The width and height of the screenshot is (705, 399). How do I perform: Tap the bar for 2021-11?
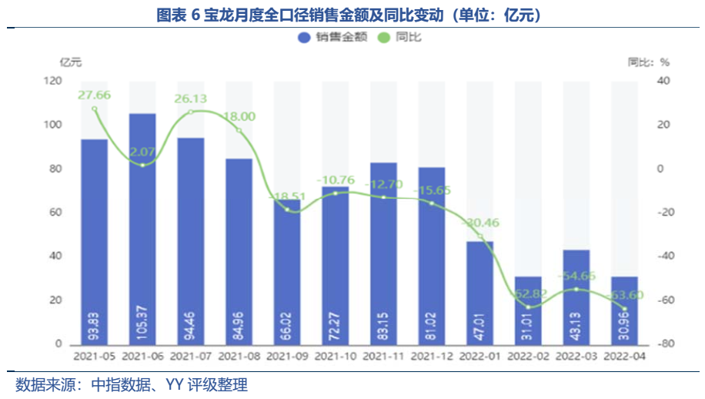383,253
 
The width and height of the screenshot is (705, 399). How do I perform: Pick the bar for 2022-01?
479,293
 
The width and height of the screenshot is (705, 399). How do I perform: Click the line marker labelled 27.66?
95,109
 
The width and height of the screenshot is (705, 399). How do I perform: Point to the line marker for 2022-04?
624,309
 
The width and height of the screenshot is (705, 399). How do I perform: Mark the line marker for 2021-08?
239,131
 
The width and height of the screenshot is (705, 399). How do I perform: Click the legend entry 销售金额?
322,36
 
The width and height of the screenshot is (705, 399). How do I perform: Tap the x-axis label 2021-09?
287,357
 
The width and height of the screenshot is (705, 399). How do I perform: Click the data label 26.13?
190,99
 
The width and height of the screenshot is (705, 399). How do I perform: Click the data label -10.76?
336,179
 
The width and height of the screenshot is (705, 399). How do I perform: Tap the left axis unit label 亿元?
70,62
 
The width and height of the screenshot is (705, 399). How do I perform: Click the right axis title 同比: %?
648,62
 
